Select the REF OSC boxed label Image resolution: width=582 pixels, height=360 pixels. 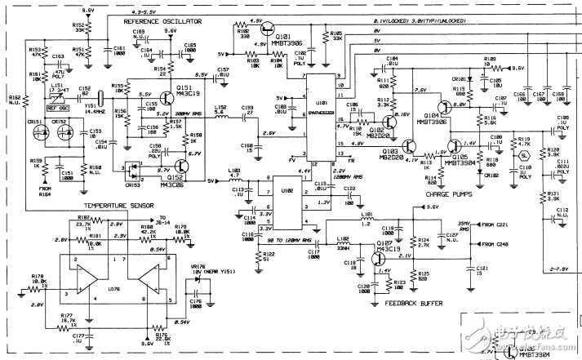(57, 107)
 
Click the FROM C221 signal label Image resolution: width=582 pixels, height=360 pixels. (492, 224)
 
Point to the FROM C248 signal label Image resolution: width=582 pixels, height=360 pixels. (492, 244)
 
